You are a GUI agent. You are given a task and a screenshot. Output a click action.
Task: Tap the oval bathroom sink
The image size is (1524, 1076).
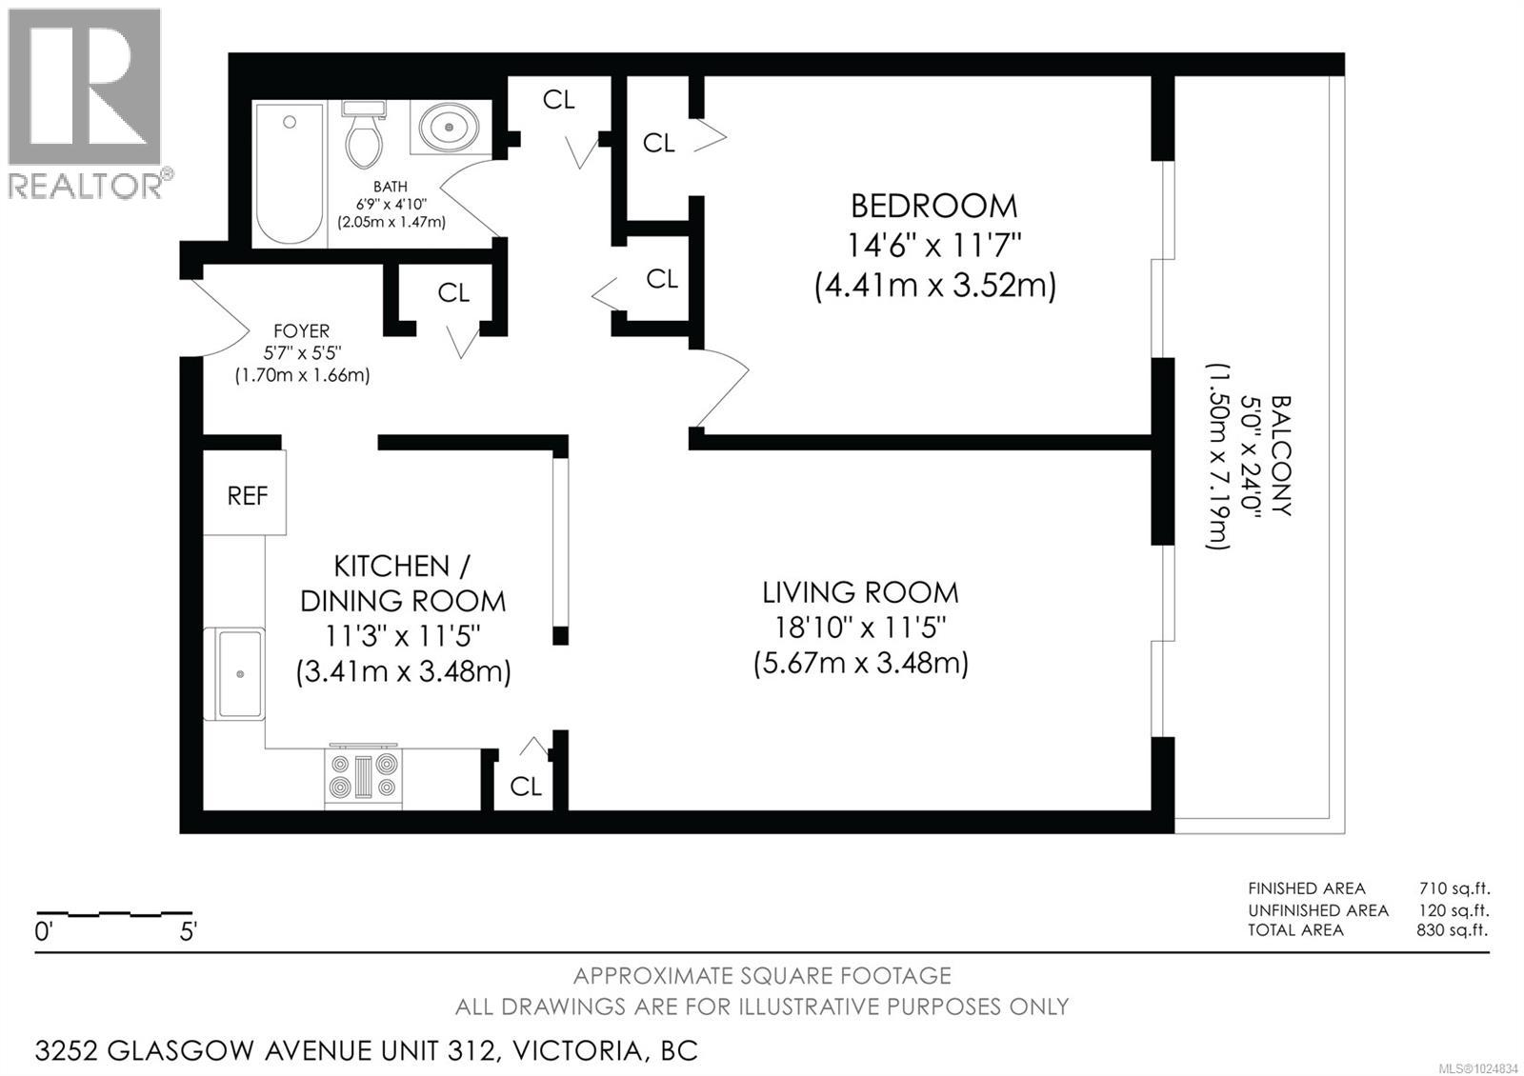point(450,127)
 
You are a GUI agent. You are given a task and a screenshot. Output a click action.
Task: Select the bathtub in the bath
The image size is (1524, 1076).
point(290,174)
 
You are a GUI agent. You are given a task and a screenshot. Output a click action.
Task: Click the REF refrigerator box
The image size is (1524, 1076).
point(246,494)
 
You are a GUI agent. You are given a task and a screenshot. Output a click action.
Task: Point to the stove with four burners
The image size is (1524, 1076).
point(363,775)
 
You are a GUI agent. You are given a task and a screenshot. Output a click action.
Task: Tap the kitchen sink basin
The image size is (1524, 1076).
point(239,673)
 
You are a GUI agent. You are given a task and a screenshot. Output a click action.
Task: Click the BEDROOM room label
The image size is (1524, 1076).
point(933,206)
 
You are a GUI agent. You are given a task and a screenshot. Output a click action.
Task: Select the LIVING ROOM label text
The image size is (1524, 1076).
point(860,592)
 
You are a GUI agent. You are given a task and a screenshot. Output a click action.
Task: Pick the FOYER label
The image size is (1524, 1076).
point(301,330)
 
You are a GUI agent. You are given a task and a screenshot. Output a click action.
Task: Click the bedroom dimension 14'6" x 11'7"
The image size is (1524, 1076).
point(934,246)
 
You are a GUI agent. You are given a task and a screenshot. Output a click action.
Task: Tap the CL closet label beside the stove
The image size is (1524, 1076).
point(525,786)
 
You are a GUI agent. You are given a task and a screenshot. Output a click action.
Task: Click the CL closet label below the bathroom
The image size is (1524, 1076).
point(453,293)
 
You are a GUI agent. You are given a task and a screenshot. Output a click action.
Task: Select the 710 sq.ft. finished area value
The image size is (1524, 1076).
point(1453,888)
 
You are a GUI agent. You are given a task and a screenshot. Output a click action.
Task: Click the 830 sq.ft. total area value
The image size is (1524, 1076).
point(1452,930)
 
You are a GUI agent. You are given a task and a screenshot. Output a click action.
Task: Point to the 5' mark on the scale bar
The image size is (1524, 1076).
point(189,931)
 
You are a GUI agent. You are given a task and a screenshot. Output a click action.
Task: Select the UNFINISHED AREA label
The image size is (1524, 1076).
point(1318,910)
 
